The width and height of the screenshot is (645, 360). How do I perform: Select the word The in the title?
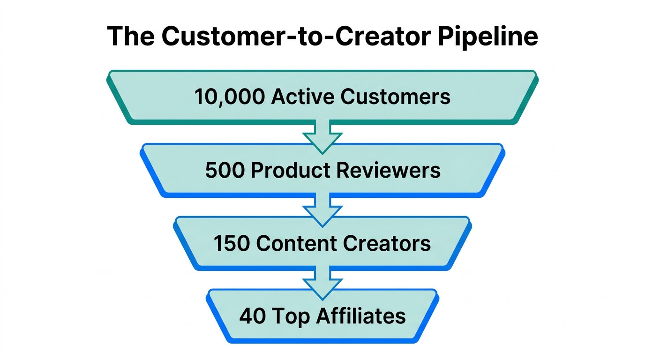coord(131,36)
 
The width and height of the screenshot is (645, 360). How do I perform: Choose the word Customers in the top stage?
coord(396,97)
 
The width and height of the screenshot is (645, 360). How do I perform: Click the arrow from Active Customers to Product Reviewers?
coord(322,136)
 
